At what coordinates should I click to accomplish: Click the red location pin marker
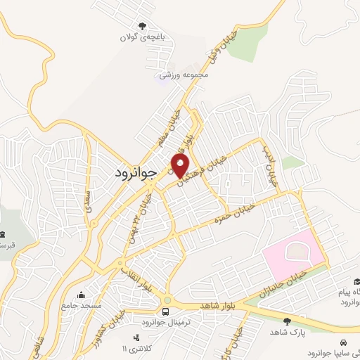tap(181, 166)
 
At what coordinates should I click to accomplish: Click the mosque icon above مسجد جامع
tap(83, 295)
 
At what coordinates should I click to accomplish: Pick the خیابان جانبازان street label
tap(281, 281)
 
